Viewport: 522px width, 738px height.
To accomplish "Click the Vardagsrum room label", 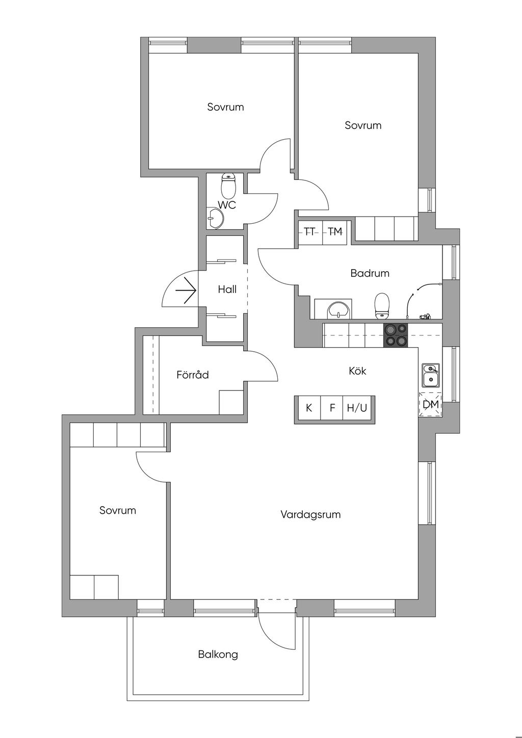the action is [310, 514].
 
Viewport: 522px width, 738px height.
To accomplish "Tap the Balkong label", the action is [218, 654].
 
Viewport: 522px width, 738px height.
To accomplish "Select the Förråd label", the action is [193, 375].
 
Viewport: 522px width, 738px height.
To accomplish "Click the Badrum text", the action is [370, 273].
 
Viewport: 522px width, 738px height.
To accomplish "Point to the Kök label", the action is [357, 371].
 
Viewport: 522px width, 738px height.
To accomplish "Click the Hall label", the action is [227, 289].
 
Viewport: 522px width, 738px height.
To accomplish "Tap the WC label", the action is [227, 205].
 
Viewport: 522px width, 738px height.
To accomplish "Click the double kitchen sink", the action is [430, 375].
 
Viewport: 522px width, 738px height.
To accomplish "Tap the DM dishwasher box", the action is [431, 405].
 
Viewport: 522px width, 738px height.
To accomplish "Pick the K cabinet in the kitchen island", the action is [308, 408].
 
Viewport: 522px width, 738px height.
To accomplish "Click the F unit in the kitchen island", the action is [332, 408].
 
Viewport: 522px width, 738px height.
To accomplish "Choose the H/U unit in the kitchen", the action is [357, 408].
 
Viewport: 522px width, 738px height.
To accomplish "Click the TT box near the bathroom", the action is [309, 232].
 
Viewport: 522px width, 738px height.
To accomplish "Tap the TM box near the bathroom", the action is [334, 232].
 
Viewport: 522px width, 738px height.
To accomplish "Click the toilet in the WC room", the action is [229, 187].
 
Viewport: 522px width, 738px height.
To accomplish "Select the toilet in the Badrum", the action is [382, 305].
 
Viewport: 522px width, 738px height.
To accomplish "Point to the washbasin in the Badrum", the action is [338, 309].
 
